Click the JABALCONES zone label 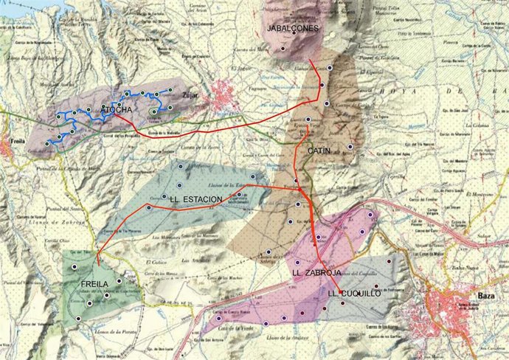click(293, 28)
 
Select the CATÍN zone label click(318, 150)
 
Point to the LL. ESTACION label click(196, 199)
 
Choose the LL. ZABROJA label click(316, 273)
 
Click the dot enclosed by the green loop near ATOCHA click(153, 112)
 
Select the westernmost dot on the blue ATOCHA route click(47, 143)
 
